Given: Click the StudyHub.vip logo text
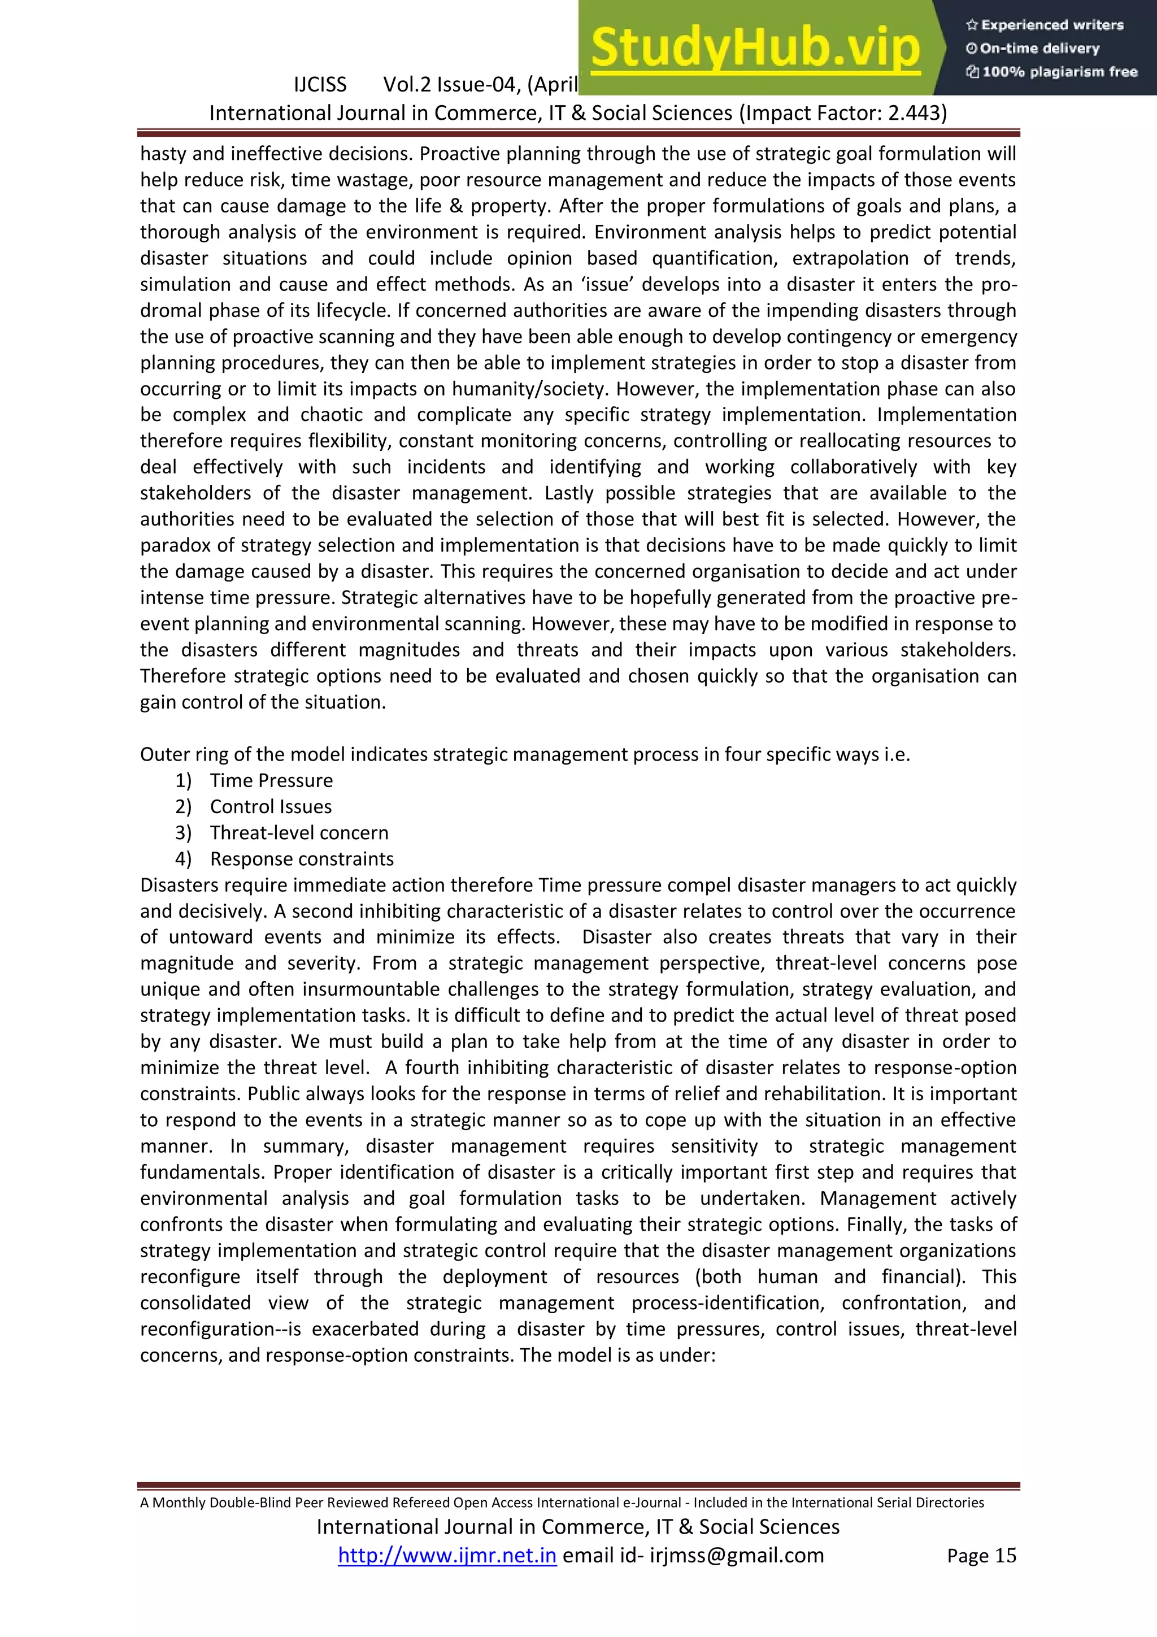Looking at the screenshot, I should [756, 49].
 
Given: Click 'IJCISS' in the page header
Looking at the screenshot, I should [320, 85].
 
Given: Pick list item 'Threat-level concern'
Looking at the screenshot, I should [299, 833].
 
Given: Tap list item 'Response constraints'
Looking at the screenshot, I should [302, 858].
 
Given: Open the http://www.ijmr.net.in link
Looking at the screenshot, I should [447, 1555].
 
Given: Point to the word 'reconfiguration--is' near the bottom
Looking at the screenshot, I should [217, 1329].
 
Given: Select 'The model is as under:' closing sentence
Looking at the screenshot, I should [617, 1354].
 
